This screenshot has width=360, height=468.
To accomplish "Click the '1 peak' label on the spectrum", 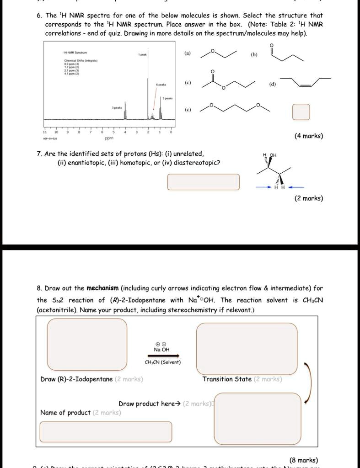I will [x=142, y=54].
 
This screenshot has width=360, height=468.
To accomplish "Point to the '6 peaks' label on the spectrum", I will [x=161, y=85].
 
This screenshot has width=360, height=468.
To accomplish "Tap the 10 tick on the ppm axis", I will [x=56, y=131].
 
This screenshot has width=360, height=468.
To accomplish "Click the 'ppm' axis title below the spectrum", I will [x=109, y=137].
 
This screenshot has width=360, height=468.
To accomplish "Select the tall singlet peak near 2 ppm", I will [x=148, y=89].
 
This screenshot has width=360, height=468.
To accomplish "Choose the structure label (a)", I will [x=188, y=53].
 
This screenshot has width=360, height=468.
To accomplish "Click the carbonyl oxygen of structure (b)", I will [x=273, y=45].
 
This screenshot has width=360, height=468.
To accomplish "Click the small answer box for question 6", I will [x=301, y=112].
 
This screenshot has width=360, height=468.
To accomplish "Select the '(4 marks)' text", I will [x=309, y=136].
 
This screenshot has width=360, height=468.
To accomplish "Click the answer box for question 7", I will [x=203, y=181].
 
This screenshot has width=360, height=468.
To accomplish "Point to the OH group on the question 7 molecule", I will [x=273, y=155].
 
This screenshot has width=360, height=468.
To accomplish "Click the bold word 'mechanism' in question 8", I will [x=102, y=288].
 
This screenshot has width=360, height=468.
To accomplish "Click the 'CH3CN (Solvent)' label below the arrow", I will [x=163, y=362].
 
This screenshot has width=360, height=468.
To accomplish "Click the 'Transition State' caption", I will [x=227, y=379].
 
